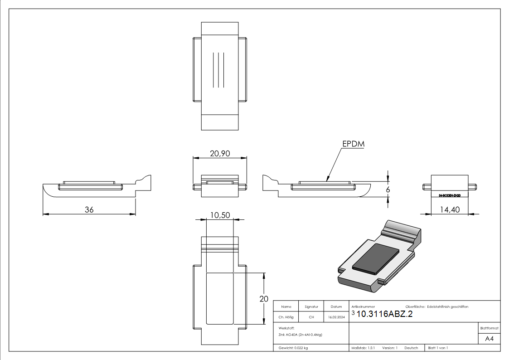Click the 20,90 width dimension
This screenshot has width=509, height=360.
220,154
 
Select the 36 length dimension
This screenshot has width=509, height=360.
89,210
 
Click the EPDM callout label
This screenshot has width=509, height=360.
354,144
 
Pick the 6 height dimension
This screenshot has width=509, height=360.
388,190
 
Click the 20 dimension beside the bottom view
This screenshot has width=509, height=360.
263,298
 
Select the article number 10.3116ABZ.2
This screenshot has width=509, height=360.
385,314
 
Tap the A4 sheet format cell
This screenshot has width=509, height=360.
490,339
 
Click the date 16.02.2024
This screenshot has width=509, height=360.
336,317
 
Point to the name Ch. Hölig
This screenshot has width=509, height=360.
286,317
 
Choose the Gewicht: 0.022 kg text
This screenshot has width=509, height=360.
293,348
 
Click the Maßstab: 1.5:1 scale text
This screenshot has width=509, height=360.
363,348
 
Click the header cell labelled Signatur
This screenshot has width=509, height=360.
311,306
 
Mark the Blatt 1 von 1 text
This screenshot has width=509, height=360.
438,348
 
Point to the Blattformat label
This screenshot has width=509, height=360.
490,328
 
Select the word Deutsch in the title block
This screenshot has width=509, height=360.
411,348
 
